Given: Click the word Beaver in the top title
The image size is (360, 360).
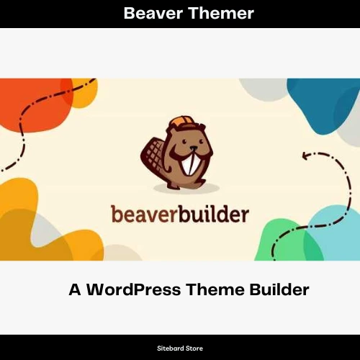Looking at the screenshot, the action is coord(153,13).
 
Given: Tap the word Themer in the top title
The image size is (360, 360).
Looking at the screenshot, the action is coord(221,13).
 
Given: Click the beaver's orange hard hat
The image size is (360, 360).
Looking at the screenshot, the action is coord(181,123).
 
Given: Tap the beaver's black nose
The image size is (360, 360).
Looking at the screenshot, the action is coord(194,148).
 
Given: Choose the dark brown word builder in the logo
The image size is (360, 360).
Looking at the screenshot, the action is coord(213,213).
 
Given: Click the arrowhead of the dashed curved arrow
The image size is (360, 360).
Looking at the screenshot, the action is coord(306,156).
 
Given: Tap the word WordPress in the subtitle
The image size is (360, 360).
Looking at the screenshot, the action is coord(133,289).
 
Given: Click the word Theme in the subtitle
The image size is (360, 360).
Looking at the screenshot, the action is coord(215,289).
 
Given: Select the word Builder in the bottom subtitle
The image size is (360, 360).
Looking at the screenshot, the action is coord(279,289).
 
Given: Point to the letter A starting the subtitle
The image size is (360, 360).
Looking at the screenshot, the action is coord(75,289).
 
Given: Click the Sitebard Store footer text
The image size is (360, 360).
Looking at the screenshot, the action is coord(180,348).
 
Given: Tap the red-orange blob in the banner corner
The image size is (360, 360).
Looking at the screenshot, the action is coord(34,106).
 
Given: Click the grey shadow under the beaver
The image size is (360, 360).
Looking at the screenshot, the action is coord(186,188).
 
